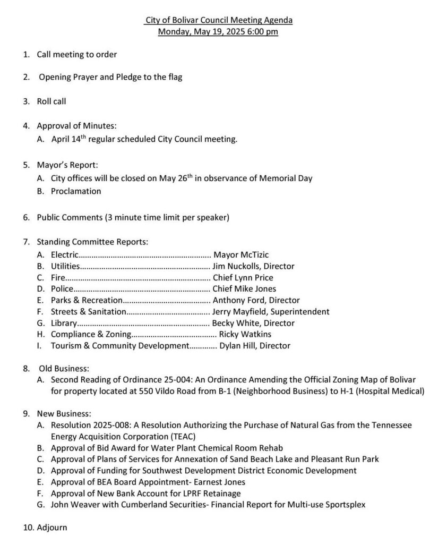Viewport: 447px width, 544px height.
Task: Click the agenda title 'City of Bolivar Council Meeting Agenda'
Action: [x=219, y=20]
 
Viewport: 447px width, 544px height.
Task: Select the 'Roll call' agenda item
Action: [x=51, y=100]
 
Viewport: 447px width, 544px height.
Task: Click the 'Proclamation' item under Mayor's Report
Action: [x=76, y=191]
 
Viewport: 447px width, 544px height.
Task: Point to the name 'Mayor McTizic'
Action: [x=240, y=255]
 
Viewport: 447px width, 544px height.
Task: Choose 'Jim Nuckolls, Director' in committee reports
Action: [x=253, y=266]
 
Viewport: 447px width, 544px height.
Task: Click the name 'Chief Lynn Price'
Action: [x=243, y=277]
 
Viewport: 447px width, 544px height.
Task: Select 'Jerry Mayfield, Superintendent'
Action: [x=270, y=311]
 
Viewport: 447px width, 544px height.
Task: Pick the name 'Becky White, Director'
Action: [x=253, y=323]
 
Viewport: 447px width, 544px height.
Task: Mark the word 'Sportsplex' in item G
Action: [x=345, y=505]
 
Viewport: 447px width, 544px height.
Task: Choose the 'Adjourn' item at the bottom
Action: [x=52, y=528]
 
